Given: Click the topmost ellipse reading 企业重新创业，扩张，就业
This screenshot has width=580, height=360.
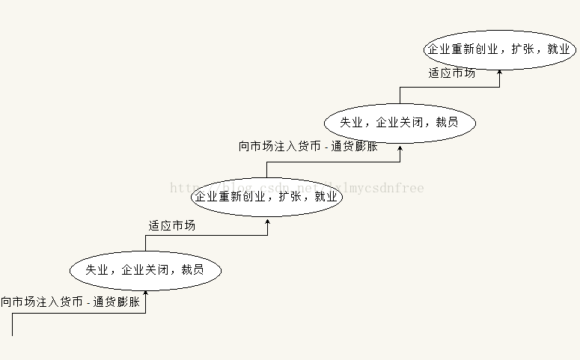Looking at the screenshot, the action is [499, 49].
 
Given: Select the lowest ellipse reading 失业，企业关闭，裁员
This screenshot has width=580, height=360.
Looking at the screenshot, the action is [145, 270].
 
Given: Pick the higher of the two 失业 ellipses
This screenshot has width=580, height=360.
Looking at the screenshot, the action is [399, 122].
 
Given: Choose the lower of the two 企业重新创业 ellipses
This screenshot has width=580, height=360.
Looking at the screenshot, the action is [267, 197].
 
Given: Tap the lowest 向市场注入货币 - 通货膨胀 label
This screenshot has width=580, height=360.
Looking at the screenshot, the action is [70, 302].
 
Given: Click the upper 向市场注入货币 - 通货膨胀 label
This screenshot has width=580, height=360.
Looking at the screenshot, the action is [308, 147].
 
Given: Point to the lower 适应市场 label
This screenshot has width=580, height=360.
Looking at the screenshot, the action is [171, 225].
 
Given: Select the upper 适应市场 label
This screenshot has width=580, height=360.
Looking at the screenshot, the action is [451, 73].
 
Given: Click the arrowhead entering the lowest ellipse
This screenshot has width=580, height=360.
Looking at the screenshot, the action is [145, 294].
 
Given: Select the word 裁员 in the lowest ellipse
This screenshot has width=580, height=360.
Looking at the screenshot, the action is [192, 270].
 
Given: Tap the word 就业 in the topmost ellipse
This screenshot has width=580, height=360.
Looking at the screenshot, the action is [558, 49].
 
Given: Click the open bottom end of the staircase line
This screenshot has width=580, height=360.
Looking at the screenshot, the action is [13, 335].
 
